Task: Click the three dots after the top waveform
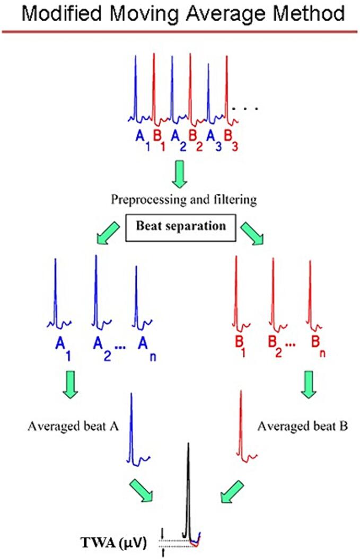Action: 246,109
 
